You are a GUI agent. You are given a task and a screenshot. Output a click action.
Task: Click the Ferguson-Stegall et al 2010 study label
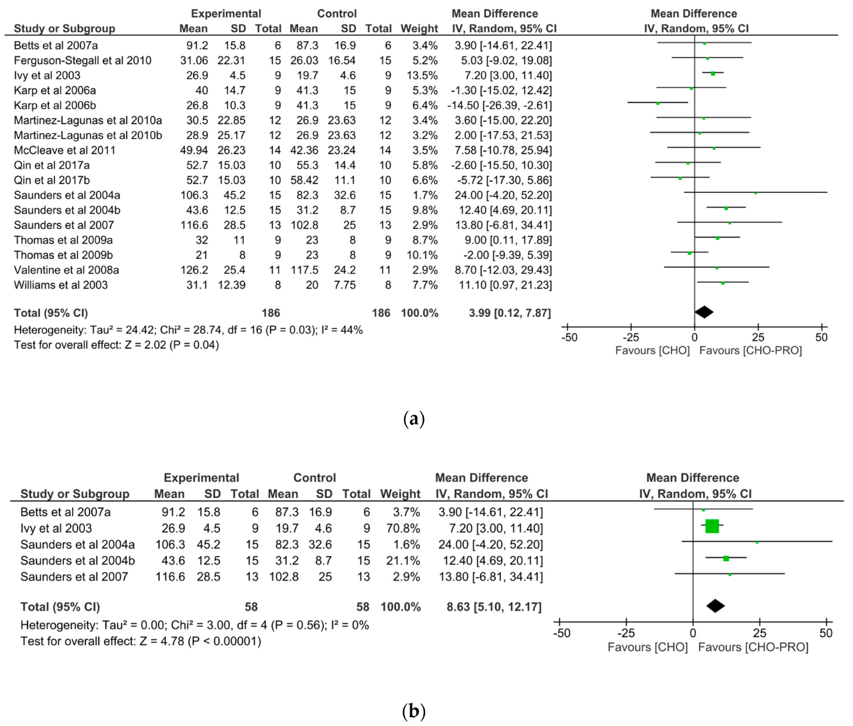pyautogui.click(x=83, y=61)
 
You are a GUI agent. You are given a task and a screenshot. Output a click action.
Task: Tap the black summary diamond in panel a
pyautogui.click(x=704, y=312)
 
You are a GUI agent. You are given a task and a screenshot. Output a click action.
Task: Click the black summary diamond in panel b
pyautogui.click(x=715, y=606)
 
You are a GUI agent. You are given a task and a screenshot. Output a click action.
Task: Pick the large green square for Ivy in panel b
pyautogui.click(x=712, y=526)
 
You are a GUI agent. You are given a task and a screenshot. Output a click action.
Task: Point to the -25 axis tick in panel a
pyautogui.click(x=631, y=337)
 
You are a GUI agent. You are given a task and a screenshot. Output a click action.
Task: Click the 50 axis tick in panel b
pyautogui.click(x=825, y=633)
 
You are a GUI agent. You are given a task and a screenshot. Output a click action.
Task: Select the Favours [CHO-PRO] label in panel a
pyautogui.click(x=750, y=351)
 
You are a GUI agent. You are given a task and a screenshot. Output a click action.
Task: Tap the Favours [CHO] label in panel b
pyautogui.click(x=648, y=647)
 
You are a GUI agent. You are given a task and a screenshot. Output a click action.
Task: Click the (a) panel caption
pyautogui.click(x=414, y=419)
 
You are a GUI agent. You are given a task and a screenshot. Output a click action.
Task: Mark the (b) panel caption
pyautogui.click(x=414, y=711)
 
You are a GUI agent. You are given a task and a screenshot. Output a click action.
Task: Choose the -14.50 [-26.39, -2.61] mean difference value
pyautogui.click(x=499, y=105)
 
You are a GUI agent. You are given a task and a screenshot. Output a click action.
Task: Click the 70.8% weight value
pyautogui.click(x=403, y=529)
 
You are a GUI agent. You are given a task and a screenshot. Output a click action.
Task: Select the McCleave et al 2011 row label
pyautogui.click(x=65, y=150)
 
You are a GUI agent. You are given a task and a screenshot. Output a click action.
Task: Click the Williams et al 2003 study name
pyautogui.click(x=61, y=285)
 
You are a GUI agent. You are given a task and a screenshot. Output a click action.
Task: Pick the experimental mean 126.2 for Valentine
pyautogui.click(x=194, y=270)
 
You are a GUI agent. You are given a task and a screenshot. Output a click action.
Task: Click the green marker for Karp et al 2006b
pyautogui.click(x=658, y=103)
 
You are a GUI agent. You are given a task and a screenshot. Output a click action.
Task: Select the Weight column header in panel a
pyautogui.click(x=419, y=29)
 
